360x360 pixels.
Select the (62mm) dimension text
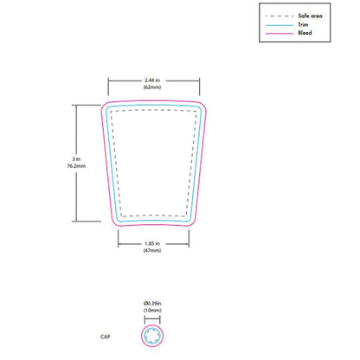156,90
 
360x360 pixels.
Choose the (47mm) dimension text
156,253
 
